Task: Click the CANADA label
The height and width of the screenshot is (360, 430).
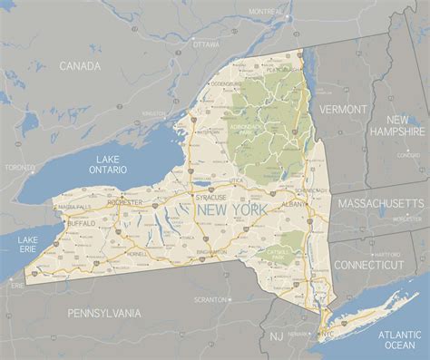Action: click(79, 66)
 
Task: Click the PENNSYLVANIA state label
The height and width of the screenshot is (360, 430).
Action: click(103, 313)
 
